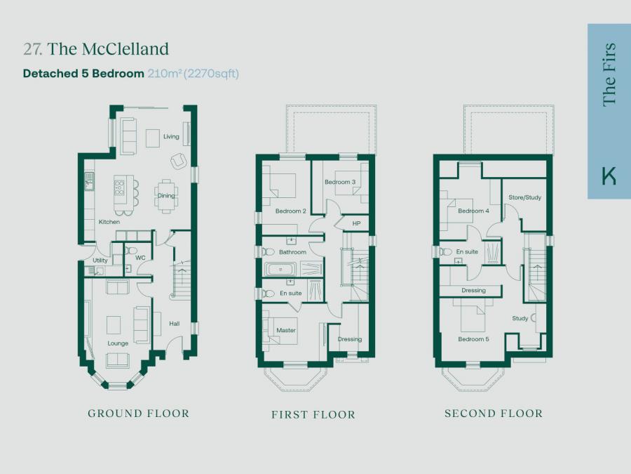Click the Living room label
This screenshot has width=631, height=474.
coord(171,137)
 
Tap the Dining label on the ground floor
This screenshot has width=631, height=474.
coord(165,195)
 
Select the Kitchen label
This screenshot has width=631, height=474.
coord(109,222)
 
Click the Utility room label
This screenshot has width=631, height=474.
coord(100,261)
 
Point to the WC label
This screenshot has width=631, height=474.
coord(140,258)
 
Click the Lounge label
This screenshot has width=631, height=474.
coord(118,343)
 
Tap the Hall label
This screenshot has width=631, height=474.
coord(175,323)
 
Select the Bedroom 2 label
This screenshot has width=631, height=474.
coord(290,211)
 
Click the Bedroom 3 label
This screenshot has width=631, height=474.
coord(340,182)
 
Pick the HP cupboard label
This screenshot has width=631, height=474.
coord(356,223)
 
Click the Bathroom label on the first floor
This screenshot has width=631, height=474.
coord(292,252)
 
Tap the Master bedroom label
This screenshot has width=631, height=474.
coord(286,331)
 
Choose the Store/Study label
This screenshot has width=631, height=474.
coord(524,197)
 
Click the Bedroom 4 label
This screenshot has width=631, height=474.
coord(474,211)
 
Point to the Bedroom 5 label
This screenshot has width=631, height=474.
coord(474,339)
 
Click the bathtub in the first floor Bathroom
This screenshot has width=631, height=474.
coord(280,269)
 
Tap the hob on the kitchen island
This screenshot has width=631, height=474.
coord(119,187)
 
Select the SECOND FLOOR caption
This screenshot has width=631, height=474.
coord(494,414)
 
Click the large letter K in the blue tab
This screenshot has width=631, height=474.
coord(609,176)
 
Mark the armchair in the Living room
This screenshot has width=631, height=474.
coord(178,161)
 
